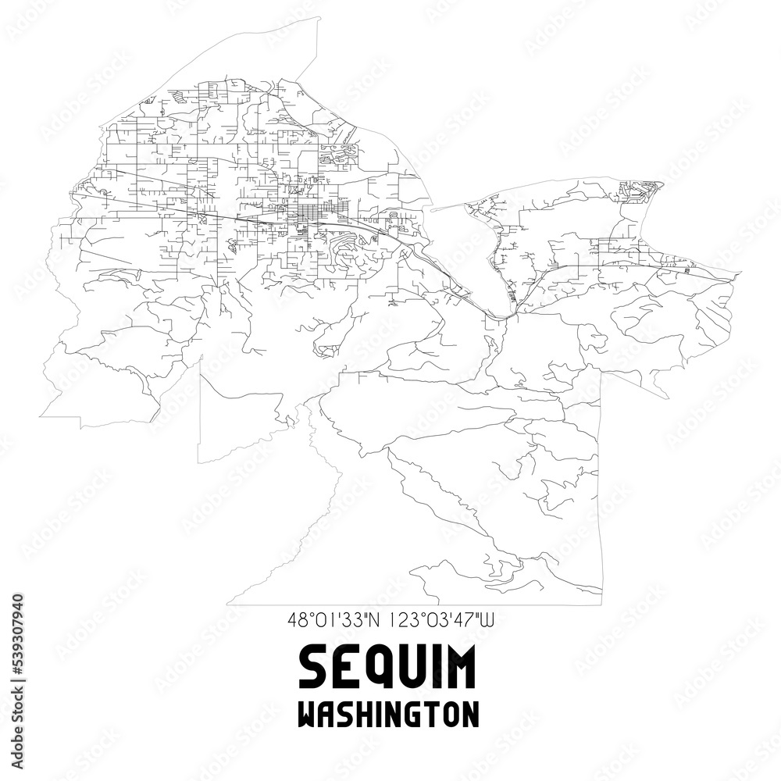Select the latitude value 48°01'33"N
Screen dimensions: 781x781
pyautogui.click(x=333, y=621)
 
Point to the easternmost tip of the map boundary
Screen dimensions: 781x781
pyautogui.click(x=741, y=273)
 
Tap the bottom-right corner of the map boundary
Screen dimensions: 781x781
pyautogui.click(x=601, y=604)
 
